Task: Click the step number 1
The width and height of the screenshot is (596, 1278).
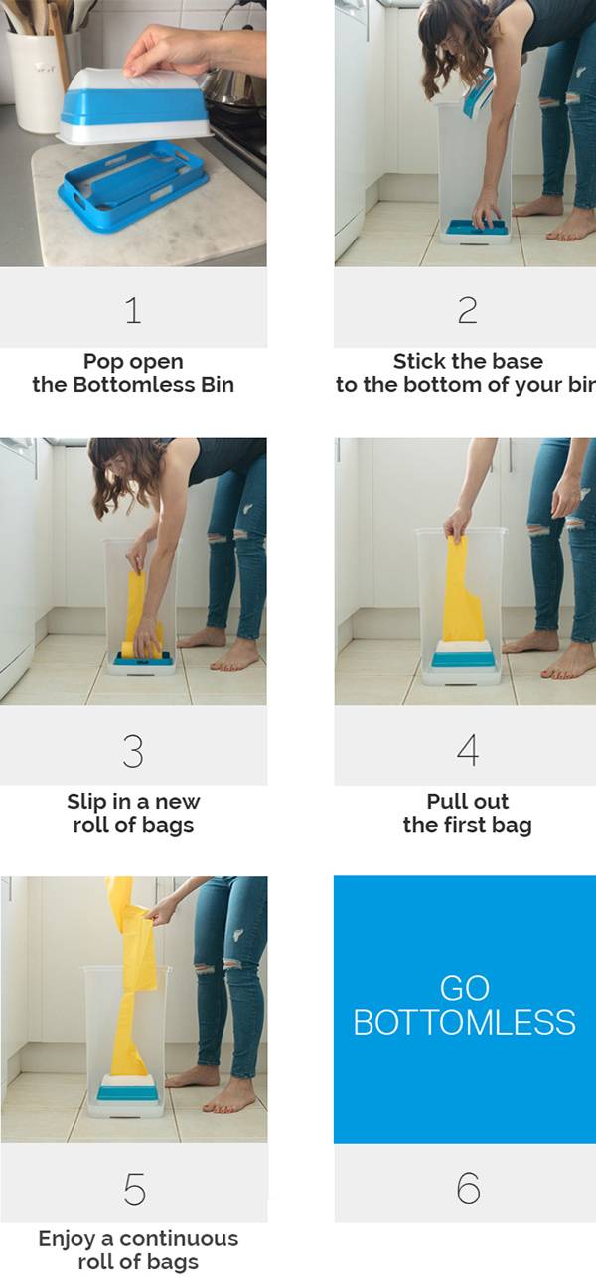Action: [133, 310]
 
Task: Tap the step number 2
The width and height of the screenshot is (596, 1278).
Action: [468, 310]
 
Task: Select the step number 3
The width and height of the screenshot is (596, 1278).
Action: [133, 751]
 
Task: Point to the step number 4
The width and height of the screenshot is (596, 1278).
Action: [468, 750]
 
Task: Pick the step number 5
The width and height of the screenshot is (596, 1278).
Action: [134, 1189]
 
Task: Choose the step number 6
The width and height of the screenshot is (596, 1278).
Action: [468, 1188]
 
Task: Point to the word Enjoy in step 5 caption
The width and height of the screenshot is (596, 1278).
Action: [68, 1240]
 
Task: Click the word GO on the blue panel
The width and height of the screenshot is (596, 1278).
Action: [464, 988]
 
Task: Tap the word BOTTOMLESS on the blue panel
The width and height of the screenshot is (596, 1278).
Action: [464, 1022]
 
